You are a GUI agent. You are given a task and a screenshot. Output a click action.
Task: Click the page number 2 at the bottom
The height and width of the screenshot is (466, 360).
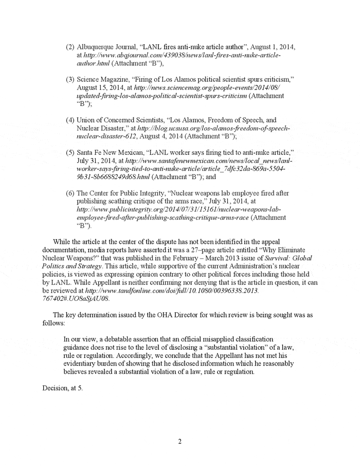(180, 441)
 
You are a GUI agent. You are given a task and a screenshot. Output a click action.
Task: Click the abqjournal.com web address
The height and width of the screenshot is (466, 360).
(178, 55)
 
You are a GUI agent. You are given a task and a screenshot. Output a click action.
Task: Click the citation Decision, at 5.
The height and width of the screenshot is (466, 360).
(62, 388)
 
